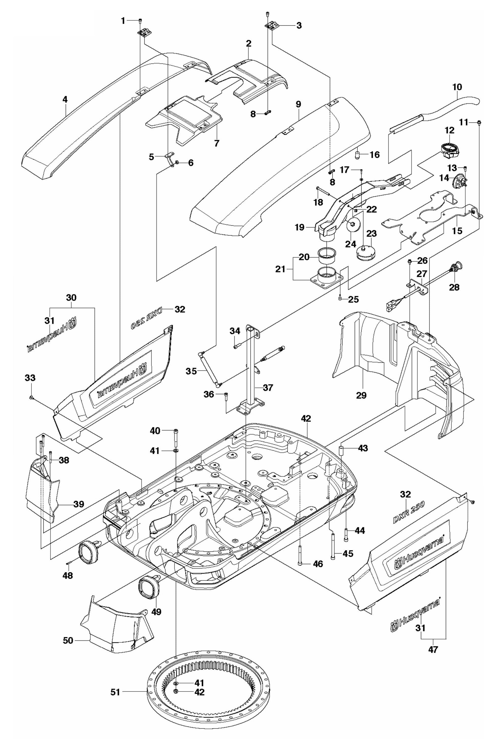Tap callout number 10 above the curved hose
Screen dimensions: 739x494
pos(457,87)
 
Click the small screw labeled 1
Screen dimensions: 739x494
pos(140,21)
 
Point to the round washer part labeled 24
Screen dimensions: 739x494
pos(352,225)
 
